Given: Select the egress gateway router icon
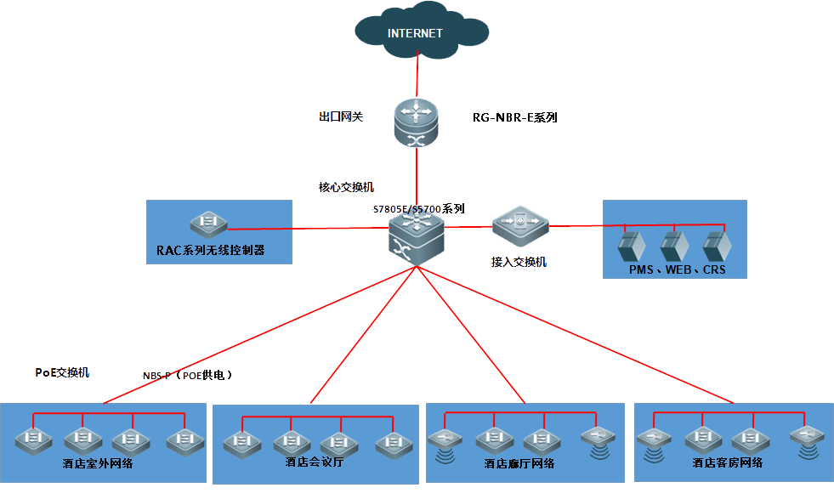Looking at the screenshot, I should coord(415,122).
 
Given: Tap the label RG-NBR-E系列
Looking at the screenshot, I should coord(514,118).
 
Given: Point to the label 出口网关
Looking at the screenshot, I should coord(341,116).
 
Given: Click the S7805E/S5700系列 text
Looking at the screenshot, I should coord(418,208).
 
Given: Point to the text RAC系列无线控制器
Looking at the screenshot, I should coord(211,251).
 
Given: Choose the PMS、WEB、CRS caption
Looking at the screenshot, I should coord(678,269).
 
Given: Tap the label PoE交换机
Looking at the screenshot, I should coord(62,372).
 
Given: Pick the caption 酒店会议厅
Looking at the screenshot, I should coord(314,462).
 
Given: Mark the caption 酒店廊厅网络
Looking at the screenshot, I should coord(519,463).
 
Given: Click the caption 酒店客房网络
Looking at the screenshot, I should coord(728,463).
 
